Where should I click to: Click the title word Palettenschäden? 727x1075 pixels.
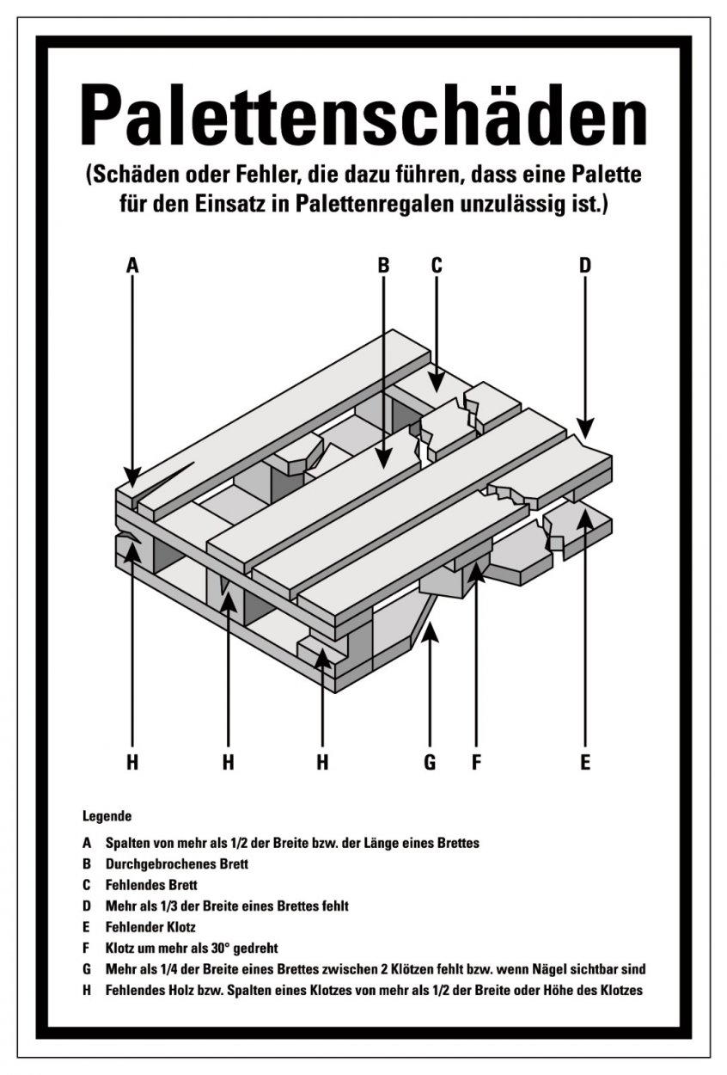click(x=363, y=115)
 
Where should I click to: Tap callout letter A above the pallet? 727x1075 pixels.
click(x=132, y=265)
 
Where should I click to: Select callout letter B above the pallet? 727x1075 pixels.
click(x=383, y=265)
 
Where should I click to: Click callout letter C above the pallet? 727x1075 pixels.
click(x=437, y=265)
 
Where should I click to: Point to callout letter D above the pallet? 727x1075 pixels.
click(x=585, y=265)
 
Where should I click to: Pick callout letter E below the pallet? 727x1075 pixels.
click(x=585, y=762)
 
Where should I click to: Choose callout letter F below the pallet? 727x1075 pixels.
click(x=476, y=762)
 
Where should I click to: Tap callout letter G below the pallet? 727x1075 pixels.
click(x=430, y=762)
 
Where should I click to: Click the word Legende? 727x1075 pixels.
click(x=107, y=816)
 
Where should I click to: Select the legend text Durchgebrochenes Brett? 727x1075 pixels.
click(x=177, y=864)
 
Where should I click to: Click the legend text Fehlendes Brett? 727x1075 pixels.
click(x=151, y=885)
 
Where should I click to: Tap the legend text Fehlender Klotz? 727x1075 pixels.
click(x=150, y=927)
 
